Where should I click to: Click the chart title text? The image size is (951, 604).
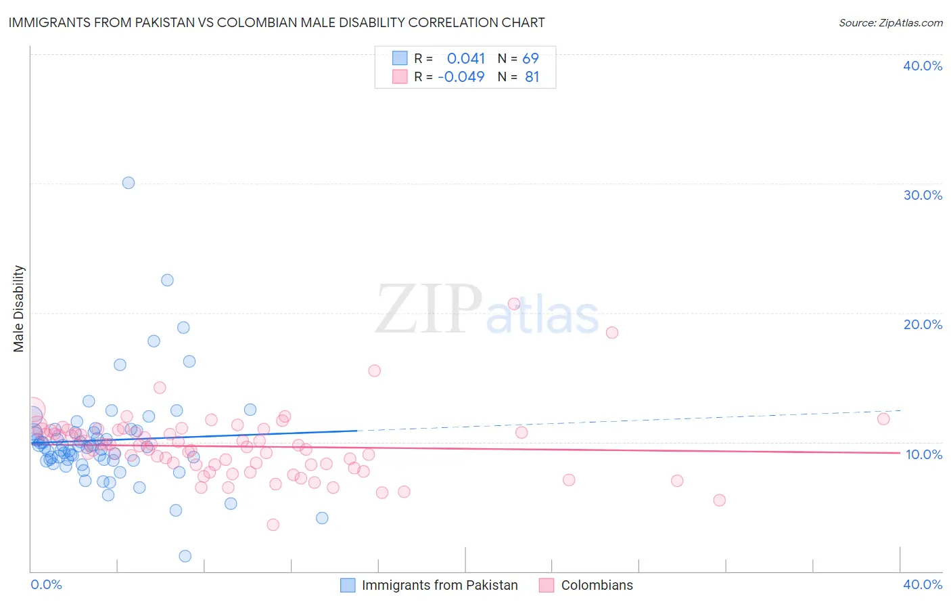pos(277,23)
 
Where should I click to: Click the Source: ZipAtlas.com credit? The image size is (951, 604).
pos(890,23)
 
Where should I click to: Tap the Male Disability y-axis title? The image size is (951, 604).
pos(19,308)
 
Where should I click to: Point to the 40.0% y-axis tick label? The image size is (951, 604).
pos(923,66)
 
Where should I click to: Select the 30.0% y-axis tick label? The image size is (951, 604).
pos(923,195)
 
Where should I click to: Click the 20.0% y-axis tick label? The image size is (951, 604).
pos(923,324)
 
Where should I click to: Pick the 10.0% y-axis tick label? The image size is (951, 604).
pos(924,454)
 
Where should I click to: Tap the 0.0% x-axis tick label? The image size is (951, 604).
pos(46,584)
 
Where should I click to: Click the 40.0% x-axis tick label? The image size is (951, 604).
pos(923,584)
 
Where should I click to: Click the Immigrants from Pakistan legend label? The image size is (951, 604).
pos(440,585)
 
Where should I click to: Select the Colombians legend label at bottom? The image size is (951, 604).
pos(597,585)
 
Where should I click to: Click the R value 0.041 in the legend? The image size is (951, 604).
pos(466,59)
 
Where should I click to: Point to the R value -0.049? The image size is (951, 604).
pos(461,77)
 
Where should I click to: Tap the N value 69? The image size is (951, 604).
pos(530,59)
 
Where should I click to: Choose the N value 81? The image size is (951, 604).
pos(532,77)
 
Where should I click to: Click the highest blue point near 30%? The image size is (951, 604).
pos(129,183)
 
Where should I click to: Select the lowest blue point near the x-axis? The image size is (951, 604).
pos(185,556)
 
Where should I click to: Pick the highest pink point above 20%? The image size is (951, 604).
pos(514,304)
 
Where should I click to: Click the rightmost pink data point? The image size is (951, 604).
pos(883,418)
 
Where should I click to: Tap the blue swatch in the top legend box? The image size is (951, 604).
pos(400,59)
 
